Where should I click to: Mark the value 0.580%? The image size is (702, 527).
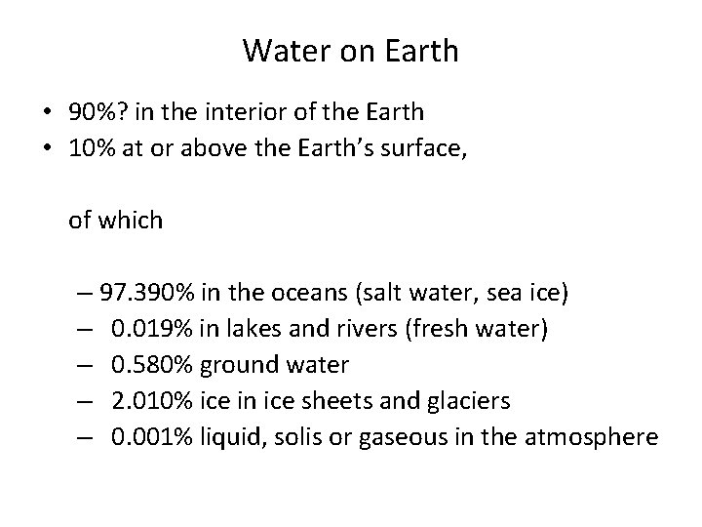(153, 365)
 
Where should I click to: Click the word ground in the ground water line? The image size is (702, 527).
(234, 365)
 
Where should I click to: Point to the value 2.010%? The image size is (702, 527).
(153, 401)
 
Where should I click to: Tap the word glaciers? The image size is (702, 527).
(456, 401)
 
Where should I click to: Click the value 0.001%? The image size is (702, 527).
(153, 437)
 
